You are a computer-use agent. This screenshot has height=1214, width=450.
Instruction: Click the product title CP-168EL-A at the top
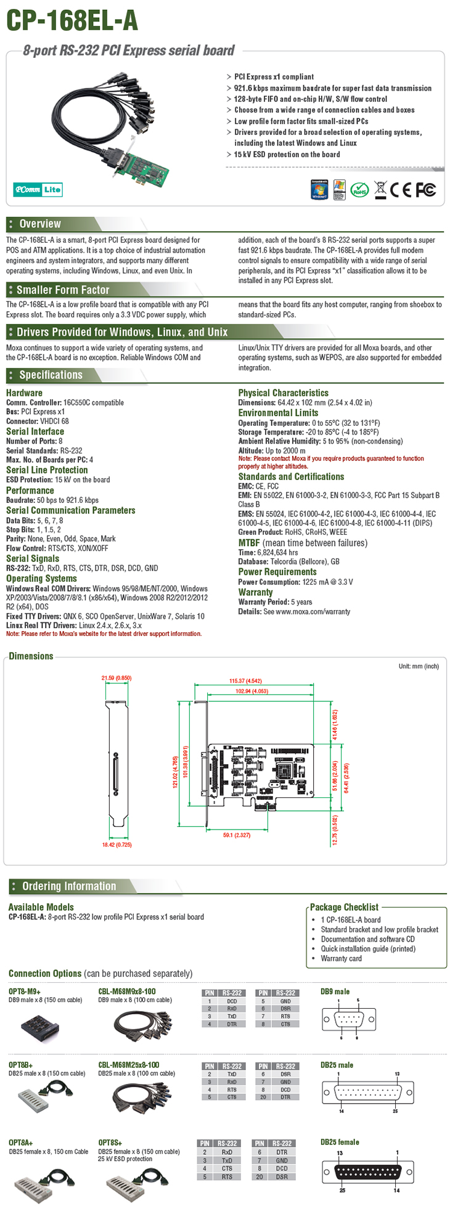72,20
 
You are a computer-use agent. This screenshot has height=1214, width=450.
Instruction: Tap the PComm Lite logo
38,189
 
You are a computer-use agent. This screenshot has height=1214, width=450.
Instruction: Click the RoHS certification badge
359,190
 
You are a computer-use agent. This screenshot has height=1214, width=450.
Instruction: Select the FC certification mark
425,190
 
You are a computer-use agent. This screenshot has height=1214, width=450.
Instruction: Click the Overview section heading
39,224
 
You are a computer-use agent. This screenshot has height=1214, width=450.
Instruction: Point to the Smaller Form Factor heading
62,290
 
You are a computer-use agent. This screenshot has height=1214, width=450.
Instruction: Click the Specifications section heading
51,375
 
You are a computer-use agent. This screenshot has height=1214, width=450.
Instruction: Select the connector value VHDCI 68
55,422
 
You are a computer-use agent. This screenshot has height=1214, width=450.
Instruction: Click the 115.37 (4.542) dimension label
245,681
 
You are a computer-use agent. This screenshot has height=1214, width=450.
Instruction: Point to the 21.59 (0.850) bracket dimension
117,678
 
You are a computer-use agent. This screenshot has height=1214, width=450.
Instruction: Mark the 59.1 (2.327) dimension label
237,835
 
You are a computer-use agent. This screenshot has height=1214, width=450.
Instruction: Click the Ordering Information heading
69,886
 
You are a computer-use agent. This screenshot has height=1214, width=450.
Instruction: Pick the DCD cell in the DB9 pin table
232,1001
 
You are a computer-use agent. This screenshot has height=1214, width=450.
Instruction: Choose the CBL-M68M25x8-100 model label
129,1064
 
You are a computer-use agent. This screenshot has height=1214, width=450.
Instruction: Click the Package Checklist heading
344,907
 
